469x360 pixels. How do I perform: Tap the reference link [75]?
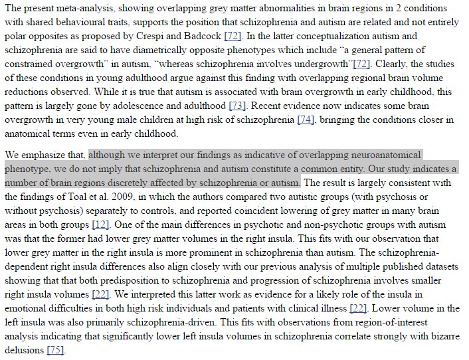pos(54,350)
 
